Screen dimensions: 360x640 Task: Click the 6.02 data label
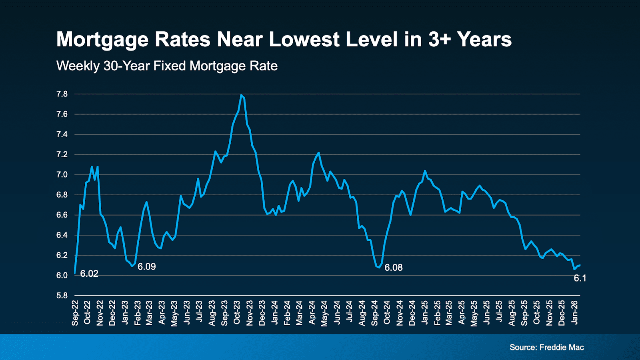click(x=89, y=274)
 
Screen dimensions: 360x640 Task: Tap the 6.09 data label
click(x=147, y=267)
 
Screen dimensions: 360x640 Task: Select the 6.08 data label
click(x=394, y=268)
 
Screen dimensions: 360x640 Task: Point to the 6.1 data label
click(x=580, y=278)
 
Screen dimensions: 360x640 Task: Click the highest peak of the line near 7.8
click(x=241, y=95)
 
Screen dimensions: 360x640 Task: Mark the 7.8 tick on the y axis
click(x=62, y=94)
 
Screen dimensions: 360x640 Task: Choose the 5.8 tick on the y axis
click(x=62, y=296)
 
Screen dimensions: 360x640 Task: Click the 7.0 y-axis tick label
click(x=62, y=175)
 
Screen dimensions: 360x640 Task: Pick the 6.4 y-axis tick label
click(x=62, y=235)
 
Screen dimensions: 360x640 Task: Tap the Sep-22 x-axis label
click(x=75, y=313)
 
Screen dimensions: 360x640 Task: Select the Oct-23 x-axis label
click(x=237, y=313)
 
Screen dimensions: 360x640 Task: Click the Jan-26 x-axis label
click(x=574, y=312)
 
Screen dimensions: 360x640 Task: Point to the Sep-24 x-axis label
click(x=375, y=313)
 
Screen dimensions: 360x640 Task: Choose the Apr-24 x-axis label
click(x=312, y=313)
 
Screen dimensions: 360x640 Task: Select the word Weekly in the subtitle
click(x=78, y=66)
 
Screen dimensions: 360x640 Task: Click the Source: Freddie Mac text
click(x=547, y=347)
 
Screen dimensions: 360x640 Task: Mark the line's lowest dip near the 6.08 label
click(x=378, y=267)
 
